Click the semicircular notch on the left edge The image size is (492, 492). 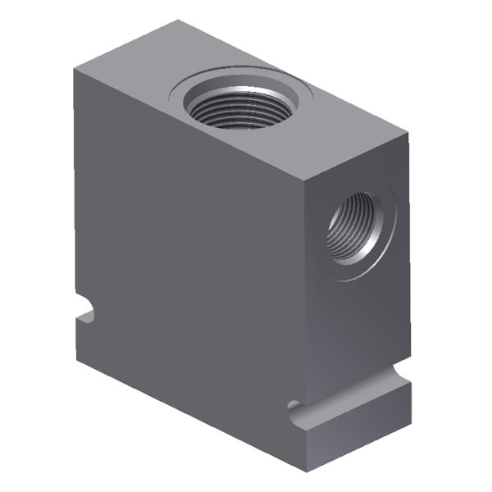pos(84,312)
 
